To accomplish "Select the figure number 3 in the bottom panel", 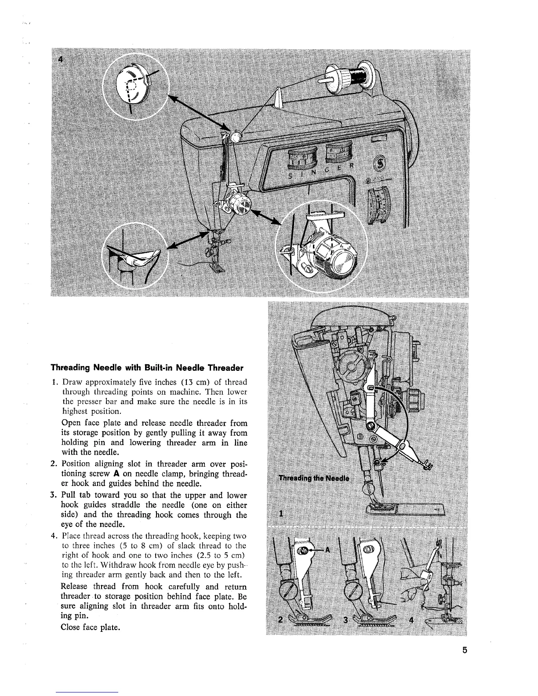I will [x=345, y=620].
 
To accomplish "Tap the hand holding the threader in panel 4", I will [x=413, y=589].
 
